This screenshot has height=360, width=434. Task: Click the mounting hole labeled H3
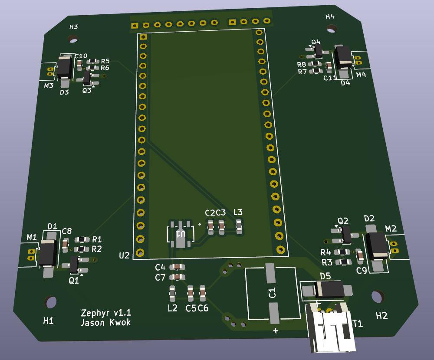coord(72,39)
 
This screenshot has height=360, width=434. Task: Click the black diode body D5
coord(329,289)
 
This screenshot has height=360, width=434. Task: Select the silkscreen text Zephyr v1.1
coord(106,313)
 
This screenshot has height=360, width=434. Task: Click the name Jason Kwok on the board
coord(105,322)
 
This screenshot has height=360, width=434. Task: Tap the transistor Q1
coord(74,264)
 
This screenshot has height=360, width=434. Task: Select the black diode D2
coord(376,245)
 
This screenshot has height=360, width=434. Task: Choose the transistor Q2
coord(346,235)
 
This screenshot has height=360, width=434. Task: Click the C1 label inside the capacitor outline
coord(272,292)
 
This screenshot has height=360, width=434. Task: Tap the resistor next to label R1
coord(81,239)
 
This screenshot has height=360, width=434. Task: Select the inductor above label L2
coord(172,294)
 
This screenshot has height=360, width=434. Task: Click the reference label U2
coord(125,255)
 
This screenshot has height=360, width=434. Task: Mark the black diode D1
coord(48,253)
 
